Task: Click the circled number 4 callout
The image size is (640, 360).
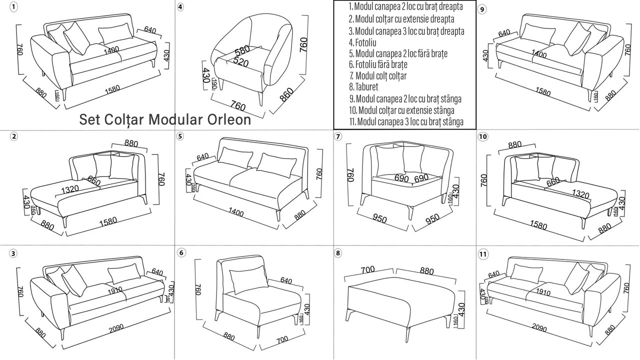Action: [180, 7]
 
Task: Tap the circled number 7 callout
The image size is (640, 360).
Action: [338, 136]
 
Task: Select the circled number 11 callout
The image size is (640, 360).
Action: [483, 254]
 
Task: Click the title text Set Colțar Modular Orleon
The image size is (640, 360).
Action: [165, 120]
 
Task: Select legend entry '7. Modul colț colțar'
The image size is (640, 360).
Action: [377, 76]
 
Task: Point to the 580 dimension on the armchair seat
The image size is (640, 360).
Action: [242, 50]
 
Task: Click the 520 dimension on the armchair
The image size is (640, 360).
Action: [240, 62]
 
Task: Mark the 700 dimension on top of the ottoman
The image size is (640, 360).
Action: [367, 270]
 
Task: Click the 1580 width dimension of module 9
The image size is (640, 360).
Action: [542, 92]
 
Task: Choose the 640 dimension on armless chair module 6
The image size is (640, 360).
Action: [286, 280]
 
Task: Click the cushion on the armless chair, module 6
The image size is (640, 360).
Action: [247, 281]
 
